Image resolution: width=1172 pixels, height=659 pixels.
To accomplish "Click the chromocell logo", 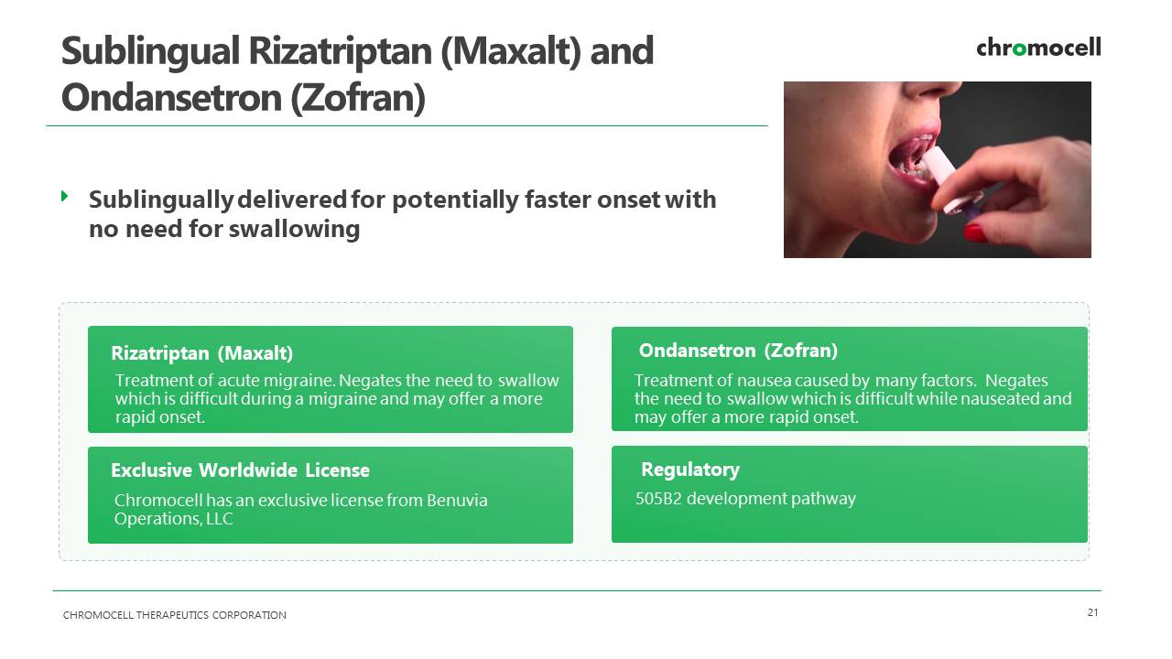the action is tap(1038, 47).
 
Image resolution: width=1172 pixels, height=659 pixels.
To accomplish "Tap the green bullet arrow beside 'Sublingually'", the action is tap(65, 196).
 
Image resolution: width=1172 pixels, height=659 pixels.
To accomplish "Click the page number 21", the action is tap(1092, 612).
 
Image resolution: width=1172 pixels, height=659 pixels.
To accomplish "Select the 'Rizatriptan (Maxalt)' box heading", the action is tap(202, 353).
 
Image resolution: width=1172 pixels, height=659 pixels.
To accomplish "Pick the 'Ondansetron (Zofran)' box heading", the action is tap(738, 351).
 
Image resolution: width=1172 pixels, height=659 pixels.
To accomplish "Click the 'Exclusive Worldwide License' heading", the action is tap(240, 470).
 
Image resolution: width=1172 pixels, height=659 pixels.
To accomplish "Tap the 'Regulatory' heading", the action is tap(690, 470).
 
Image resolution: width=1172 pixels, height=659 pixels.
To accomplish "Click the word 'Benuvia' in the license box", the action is tap(457, 501).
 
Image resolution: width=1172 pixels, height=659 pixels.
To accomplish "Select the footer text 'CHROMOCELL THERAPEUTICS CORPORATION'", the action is tap(174, 615).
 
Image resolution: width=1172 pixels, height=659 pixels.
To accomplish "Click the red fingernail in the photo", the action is tap(975, 232).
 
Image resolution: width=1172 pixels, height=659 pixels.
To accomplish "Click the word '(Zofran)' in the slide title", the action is tap(358, 98).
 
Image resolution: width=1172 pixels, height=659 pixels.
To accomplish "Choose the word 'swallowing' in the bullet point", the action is tap(294, 229).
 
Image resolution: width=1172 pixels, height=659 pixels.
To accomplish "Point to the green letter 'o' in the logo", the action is tap(1019, 49).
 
